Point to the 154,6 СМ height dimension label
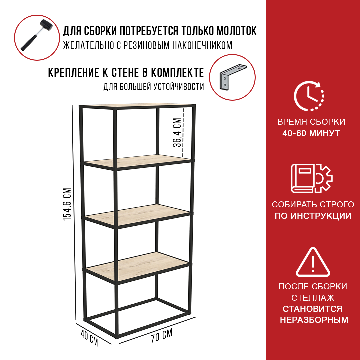tap(67, 204)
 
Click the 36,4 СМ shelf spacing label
tap(177, 132)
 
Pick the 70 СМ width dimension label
tap(162, 336)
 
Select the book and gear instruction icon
tap(312, 178)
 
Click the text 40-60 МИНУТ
tap(311, 133)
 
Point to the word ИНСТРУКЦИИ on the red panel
tap(321, 216)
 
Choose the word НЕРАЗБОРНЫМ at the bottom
tap(314, 320)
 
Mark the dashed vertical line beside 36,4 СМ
tap(183, 132)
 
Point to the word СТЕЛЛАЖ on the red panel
tap(313, 298)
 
